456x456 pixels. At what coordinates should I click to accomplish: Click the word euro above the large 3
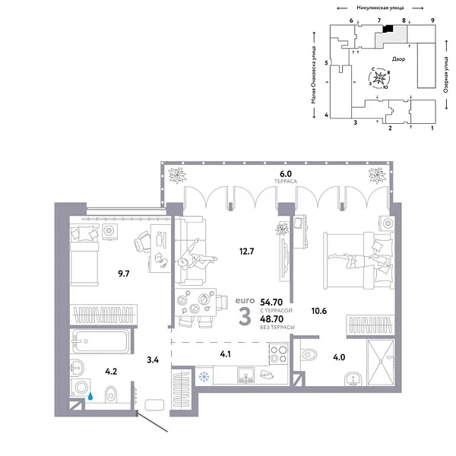pyautogui.click(x=244, y=299)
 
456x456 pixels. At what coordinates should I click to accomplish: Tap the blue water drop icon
pyautogui.click(x=90, y=395)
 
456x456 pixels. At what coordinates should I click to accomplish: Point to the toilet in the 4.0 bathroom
pyautogui.click(x=310, y=353)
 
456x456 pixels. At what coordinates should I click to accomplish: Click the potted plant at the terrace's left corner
pyautogui.click(x=179, y=176)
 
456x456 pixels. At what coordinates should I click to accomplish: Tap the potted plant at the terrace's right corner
pyautogui.click(x=377, y=176)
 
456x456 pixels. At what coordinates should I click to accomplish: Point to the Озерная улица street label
pyautogui.click(x=446, y=81)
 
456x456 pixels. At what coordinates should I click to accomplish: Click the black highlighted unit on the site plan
pyautogui.click(x=387, y=28)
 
